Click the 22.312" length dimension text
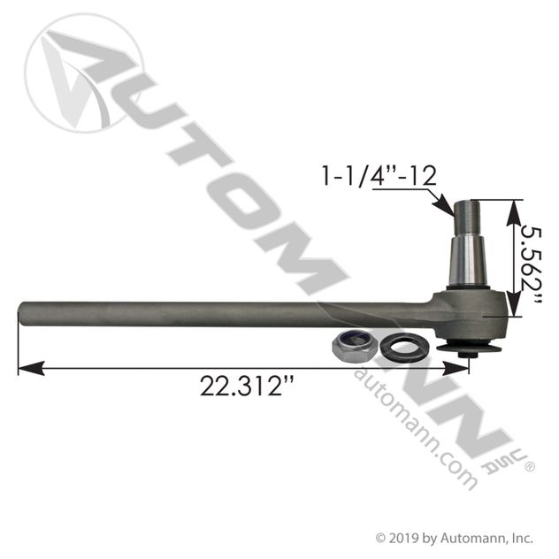tap(248, 387)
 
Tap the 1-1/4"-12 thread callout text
tap(379, 176)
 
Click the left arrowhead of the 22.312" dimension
tap(31, 368)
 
